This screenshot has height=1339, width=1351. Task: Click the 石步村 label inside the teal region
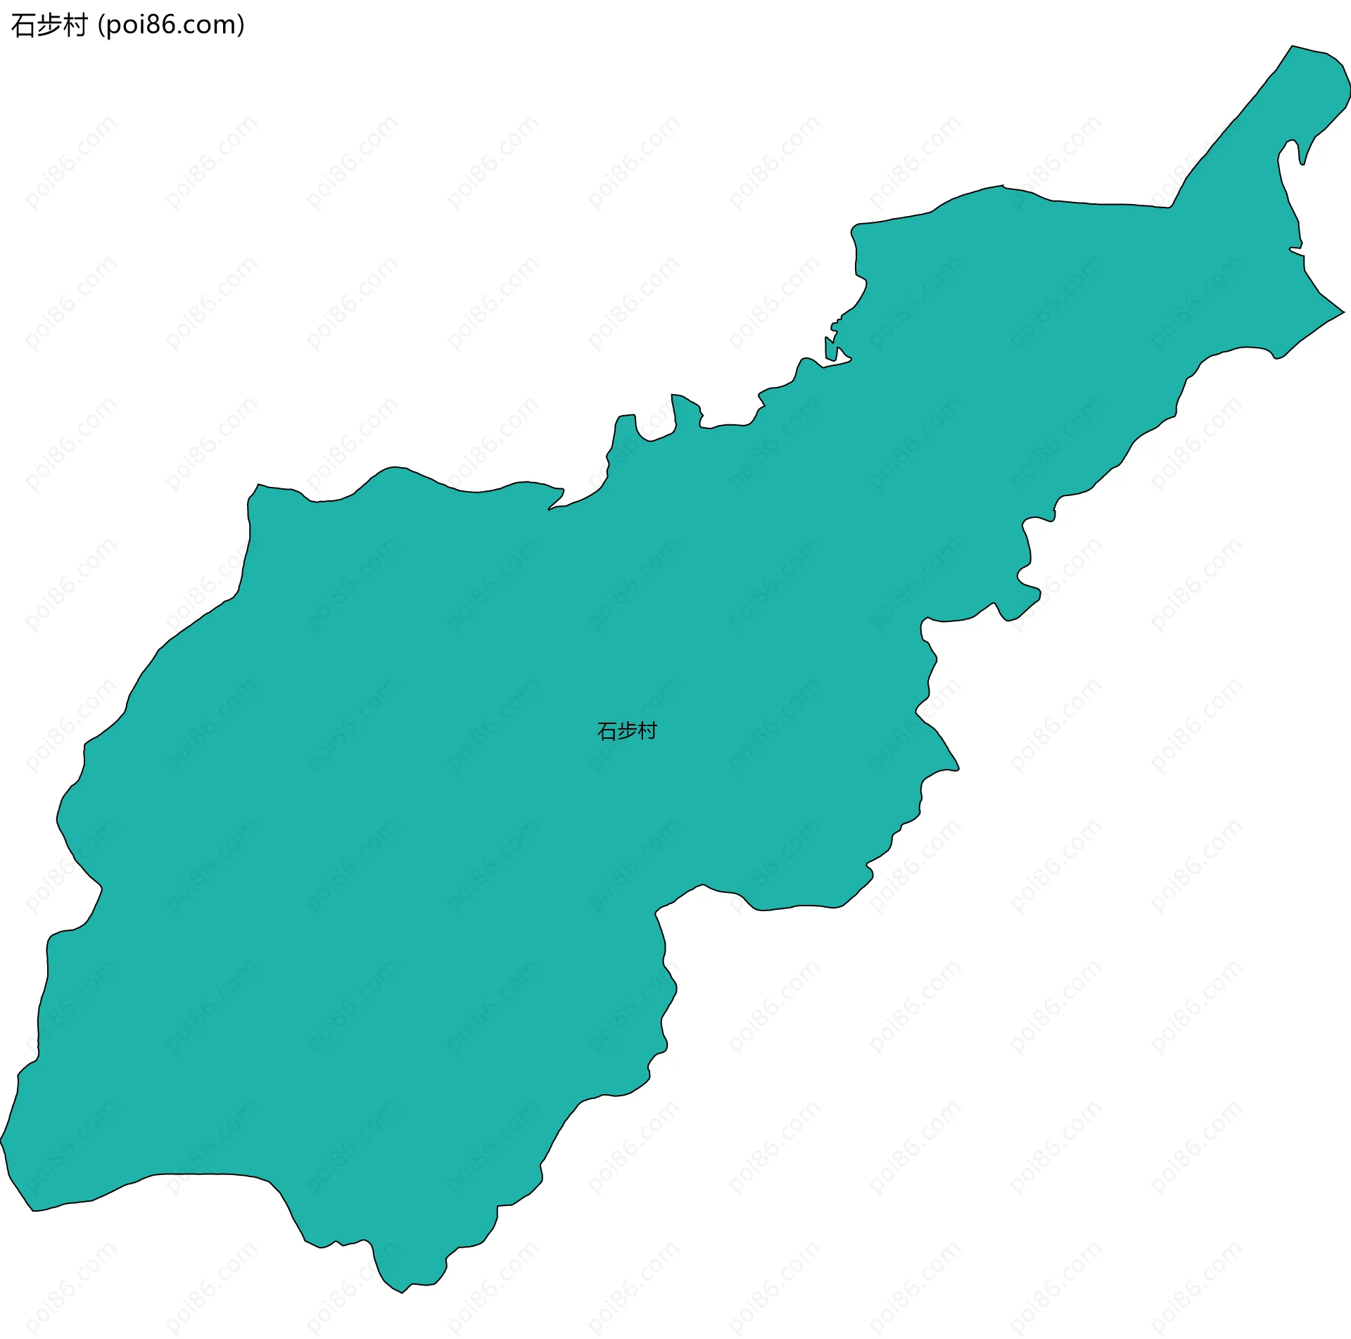[x=627, y=731]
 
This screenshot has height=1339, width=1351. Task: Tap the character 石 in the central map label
[x=607, y=732]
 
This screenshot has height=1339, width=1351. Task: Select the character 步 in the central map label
[x=627, y=731]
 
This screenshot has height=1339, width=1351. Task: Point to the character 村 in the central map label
[x=647, y=731]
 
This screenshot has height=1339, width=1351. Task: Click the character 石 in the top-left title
[x=23, y=25]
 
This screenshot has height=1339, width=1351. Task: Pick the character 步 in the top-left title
[x=49, y=25]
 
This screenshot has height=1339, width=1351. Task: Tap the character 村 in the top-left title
[x=75, y=25]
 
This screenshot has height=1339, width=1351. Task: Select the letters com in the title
[x=210, y=25]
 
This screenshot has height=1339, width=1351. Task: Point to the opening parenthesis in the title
[x=101, y=25]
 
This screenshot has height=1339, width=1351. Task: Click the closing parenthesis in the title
[x=241, y=25]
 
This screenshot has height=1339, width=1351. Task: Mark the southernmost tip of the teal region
[x=402, y=1293]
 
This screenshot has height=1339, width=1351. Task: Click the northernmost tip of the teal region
[x=1292, y=46]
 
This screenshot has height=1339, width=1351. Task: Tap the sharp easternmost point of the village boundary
[x=1344, y=312]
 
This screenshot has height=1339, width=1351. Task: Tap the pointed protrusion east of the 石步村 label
[x=957, y=768]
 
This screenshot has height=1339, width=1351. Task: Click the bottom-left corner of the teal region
[x=33, y=1210]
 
